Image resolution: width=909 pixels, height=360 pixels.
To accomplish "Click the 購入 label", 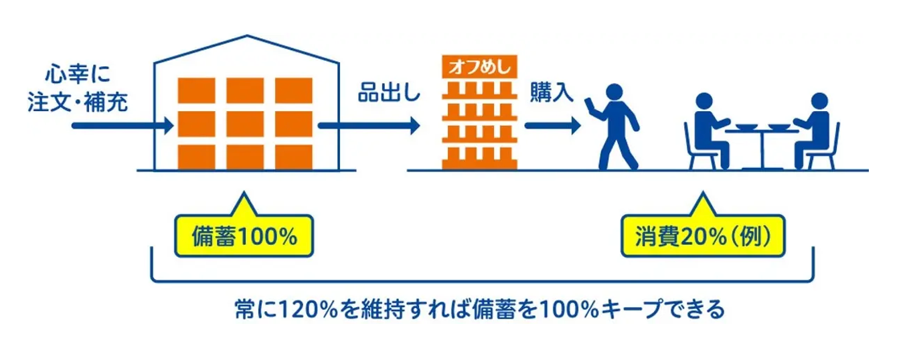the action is pyautogui.click(x=553, y=92).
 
